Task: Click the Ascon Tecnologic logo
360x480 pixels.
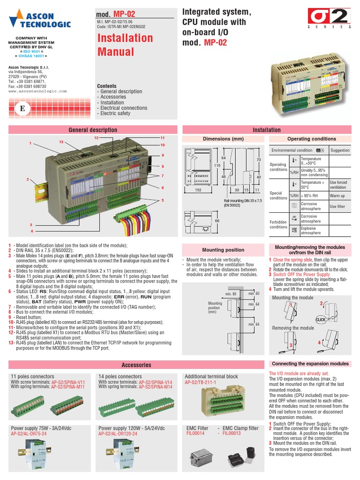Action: [x=40, y=20]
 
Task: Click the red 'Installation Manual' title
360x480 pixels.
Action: [x=125, y=45]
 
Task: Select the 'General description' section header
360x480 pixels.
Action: [x=93, y=130]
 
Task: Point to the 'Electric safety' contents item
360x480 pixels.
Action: [x=115, y=113]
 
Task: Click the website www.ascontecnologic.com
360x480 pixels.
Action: [x=37, y=91]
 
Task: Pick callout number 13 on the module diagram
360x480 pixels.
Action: [x=60, y=142]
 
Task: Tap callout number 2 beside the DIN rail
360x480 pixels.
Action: [x=28, y=180]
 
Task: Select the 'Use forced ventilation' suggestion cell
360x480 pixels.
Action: [x=338, y=185]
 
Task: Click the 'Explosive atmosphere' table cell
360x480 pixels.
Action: [x=311, y=230]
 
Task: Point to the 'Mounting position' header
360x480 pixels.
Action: [x=223, y=250]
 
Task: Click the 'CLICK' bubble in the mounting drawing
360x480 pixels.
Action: [x=321, y=319]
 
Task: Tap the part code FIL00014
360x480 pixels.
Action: [x=195, y=434]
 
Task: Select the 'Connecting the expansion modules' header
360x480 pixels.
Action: [x=310, y=364]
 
